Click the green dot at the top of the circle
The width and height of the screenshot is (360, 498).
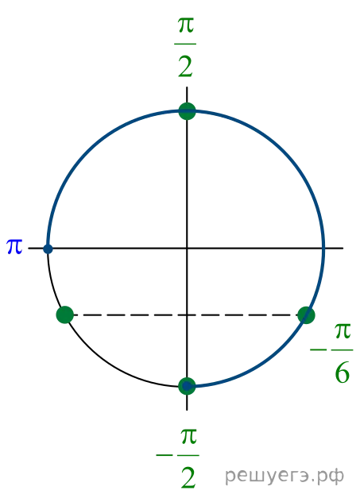187,111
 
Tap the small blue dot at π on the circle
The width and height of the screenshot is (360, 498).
48,249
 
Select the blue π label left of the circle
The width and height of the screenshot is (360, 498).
14,246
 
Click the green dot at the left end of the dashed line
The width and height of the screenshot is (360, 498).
65,315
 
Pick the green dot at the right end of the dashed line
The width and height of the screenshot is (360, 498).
306,315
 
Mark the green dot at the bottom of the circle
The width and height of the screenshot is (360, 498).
187,386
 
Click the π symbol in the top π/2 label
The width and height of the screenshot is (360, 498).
186,26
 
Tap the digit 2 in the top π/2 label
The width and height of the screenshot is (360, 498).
185,66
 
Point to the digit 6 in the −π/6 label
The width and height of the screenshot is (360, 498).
343,373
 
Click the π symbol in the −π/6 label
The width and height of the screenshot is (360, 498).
343,331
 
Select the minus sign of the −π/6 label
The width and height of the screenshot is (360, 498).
319,350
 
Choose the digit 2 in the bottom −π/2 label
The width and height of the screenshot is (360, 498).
188,478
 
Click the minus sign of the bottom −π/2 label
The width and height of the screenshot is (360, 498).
164,455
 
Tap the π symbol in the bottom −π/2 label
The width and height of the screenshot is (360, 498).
188,436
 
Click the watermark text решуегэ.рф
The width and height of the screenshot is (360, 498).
285,476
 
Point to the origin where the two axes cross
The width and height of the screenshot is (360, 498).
187,248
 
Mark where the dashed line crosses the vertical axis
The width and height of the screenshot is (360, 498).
187,315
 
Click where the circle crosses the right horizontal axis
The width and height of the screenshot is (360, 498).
323,248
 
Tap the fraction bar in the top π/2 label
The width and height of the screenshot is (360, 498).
185,44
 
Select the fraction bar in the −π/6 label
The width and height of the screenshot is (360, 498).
343,350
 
